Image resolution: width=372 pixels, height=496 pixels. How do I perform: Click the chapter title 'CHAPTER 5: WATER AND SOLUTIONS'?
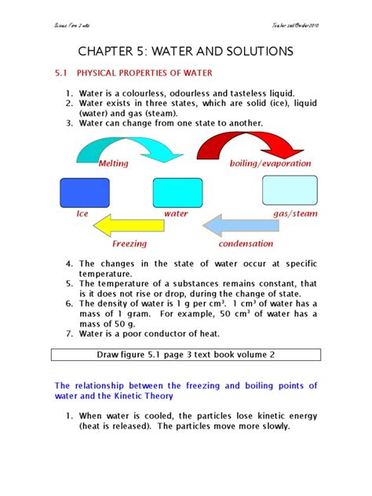(186, 52)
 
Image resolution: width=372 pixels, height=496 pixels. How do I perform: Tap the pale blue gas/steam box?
(288, 191)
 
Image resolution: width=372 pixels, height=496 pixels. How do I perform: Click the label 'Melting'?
(113, 164)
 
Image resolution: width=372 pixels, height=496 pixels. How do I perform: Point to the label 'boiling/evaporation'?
(270, 164)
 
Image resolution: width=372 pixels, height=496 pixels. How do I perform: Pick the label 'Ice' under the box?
(81, 213)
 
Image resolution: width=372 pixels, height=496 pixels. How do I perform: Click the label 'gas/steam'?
(292, 213)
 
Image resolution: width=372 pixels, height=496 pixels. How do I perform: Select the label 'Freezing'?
(129, 244)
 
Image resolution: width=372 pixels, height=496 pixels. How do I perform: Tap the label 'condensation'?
(245, 244)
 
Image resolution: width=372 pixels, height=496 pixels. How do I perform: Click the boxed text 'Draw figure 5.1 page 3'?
(185, 354)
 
